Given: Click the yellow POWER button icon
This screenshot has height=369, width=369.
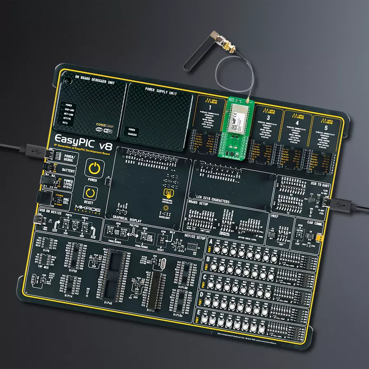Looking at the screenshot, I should (x=94, y=169).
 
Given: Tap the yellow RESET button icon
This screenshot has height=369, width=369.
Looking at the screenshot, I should (x=89, y=192).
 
